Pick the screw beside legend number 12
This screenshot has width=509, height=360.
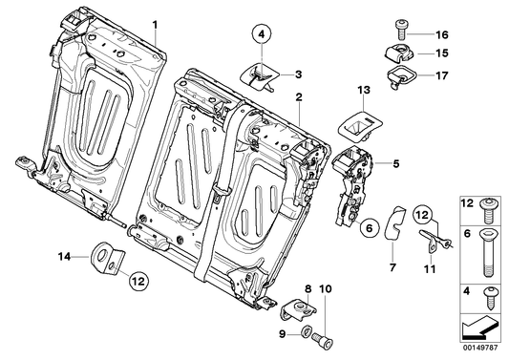click(489, 208)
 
